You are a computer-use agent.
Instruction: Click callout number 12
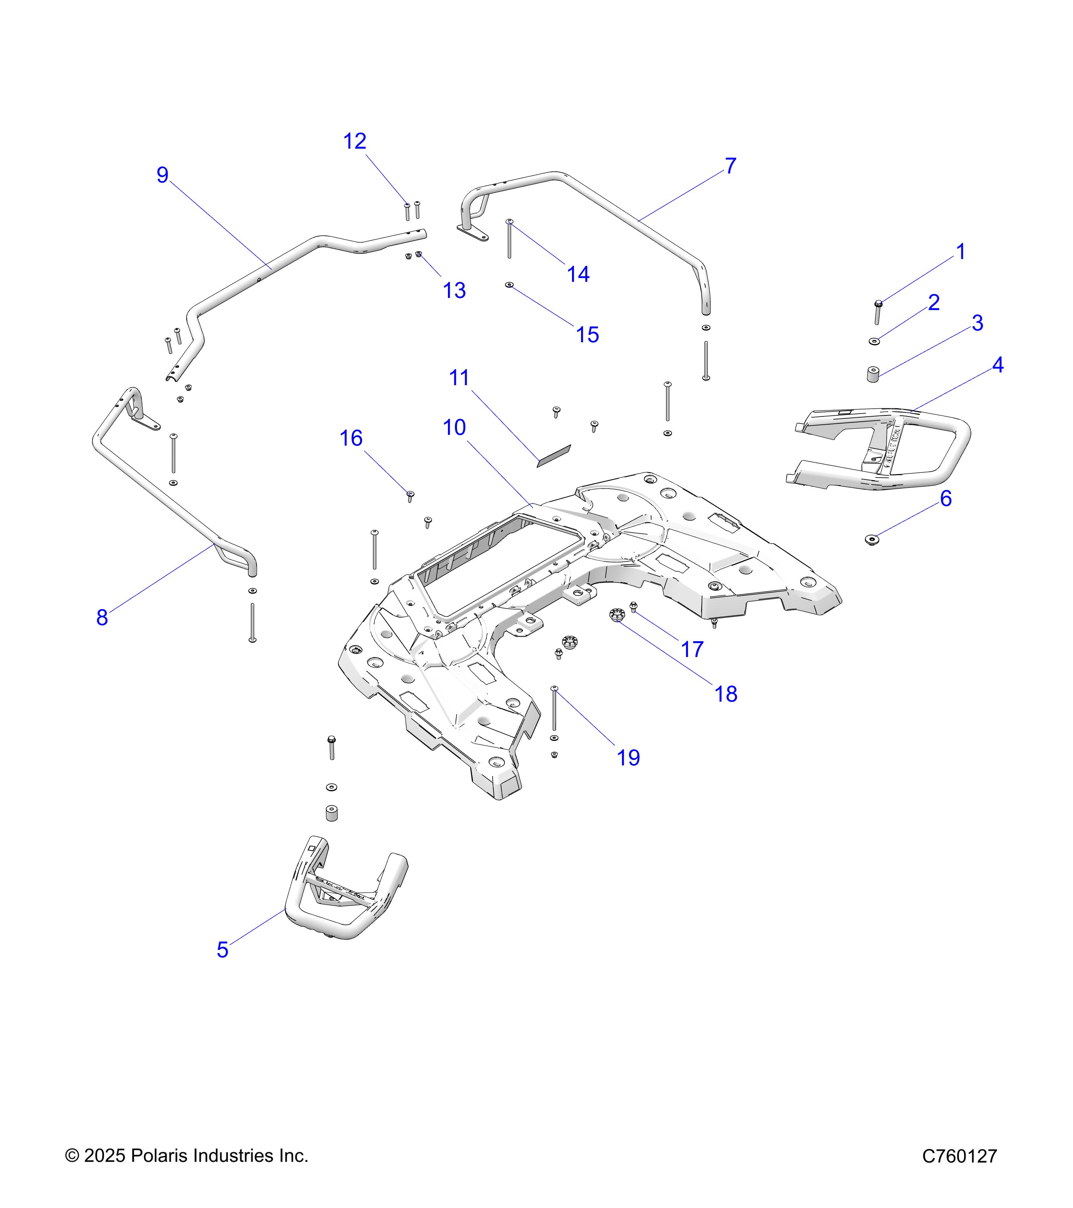coord(355,141)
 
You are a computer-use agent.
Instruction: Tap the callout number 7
coord(731,166)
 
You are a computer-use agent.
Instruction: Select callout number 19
coord(628,758)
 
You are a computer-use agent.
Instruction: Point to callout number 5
coord(222,950)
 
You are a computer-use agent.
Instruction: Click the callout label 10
coord(454,427)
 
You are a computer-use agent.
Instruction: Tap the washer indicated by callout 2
coord(874,341)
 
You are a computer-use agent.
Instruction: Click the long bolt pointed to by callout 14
coord(509,239)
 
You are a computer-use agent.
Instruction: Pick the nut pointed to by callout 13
coord(419,255)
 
